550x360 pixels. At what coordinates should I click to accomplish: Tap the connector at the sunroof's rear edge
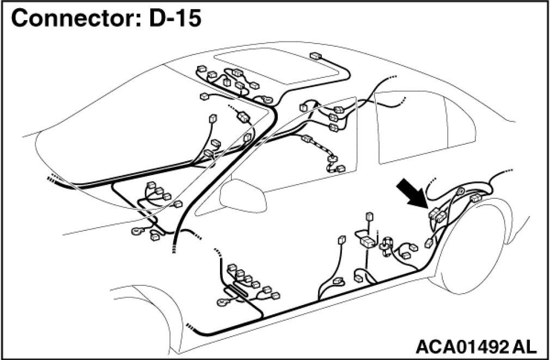coord(315,56)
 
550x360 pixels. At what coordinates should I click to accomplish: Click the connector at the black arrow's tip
coord(437,215)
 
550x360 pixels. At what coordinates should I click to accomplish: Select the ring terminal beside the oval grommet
coord(224,300)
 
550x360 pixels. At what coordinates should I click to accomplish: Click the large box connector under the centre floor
coord(369,241)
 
